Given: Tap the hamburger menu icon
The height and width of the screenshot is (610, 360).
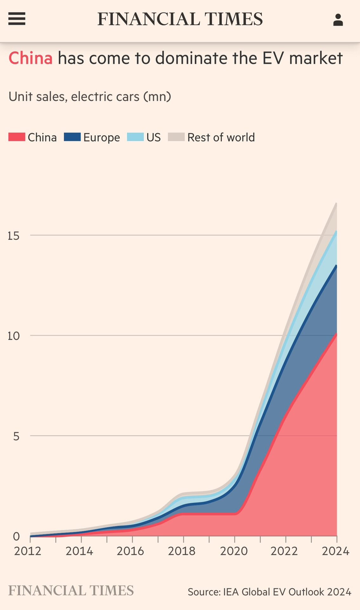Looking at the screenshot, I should click(x=17, y=19).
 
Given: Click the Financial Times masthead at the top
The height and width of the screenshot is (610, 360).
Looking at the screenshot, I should click(x=180, y=19).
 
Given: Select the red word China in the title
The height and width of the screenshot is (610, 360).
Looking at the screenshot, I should click(x=30, y=58).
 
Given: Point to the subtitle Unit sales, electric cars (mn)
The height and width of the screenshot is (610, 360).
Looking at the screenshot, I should click(x=90, y=97).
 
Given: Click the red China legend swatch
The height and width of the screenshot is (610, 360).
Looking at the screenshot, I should click(x=17, y=137).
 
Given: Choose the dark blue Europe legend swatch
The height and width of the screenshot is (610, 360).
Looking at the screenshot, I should click(x=72, y=137).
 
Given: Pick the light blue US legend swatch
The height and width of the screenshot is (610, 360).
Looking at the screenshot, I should click(x=135, y=137).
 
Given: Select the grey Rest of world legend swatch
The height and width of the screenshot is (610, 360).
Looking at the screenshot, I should click(x=176, y=137).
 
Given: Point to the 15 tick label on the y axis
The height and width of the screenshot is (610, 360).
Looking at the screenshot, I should click(x=14, y=236).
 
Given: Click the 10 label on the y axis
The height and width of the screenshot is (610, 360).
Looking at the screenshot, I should click(x=14, y=336).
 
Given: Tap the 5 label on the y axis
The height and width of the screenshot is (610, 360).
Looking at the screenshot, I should click(x=16, y=436).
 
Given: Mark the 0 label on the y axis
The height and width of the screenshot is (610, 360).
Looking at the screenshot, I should click(x=16, y=537).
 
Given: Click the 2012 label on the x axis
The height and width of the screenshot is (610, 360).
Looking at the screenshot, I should click(x=28, y=551).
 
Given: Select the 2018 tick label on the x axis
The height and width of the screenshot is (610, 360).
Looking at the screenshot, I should click(x=182, y=551).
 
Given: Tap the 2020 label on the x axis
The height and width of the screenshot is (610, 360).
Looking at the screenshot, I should click(x=234, y=551).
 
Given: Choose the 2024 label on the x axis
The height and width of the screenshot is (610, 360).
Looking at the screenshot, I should click(x=336, y=551).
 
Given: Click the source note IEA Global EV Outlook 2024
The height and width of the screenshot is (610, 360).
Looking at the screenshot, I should click(x=270, y=592).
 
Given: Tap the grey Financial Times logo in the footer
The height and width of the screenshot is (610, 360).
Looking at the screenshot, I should click(x=71, y=591).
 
